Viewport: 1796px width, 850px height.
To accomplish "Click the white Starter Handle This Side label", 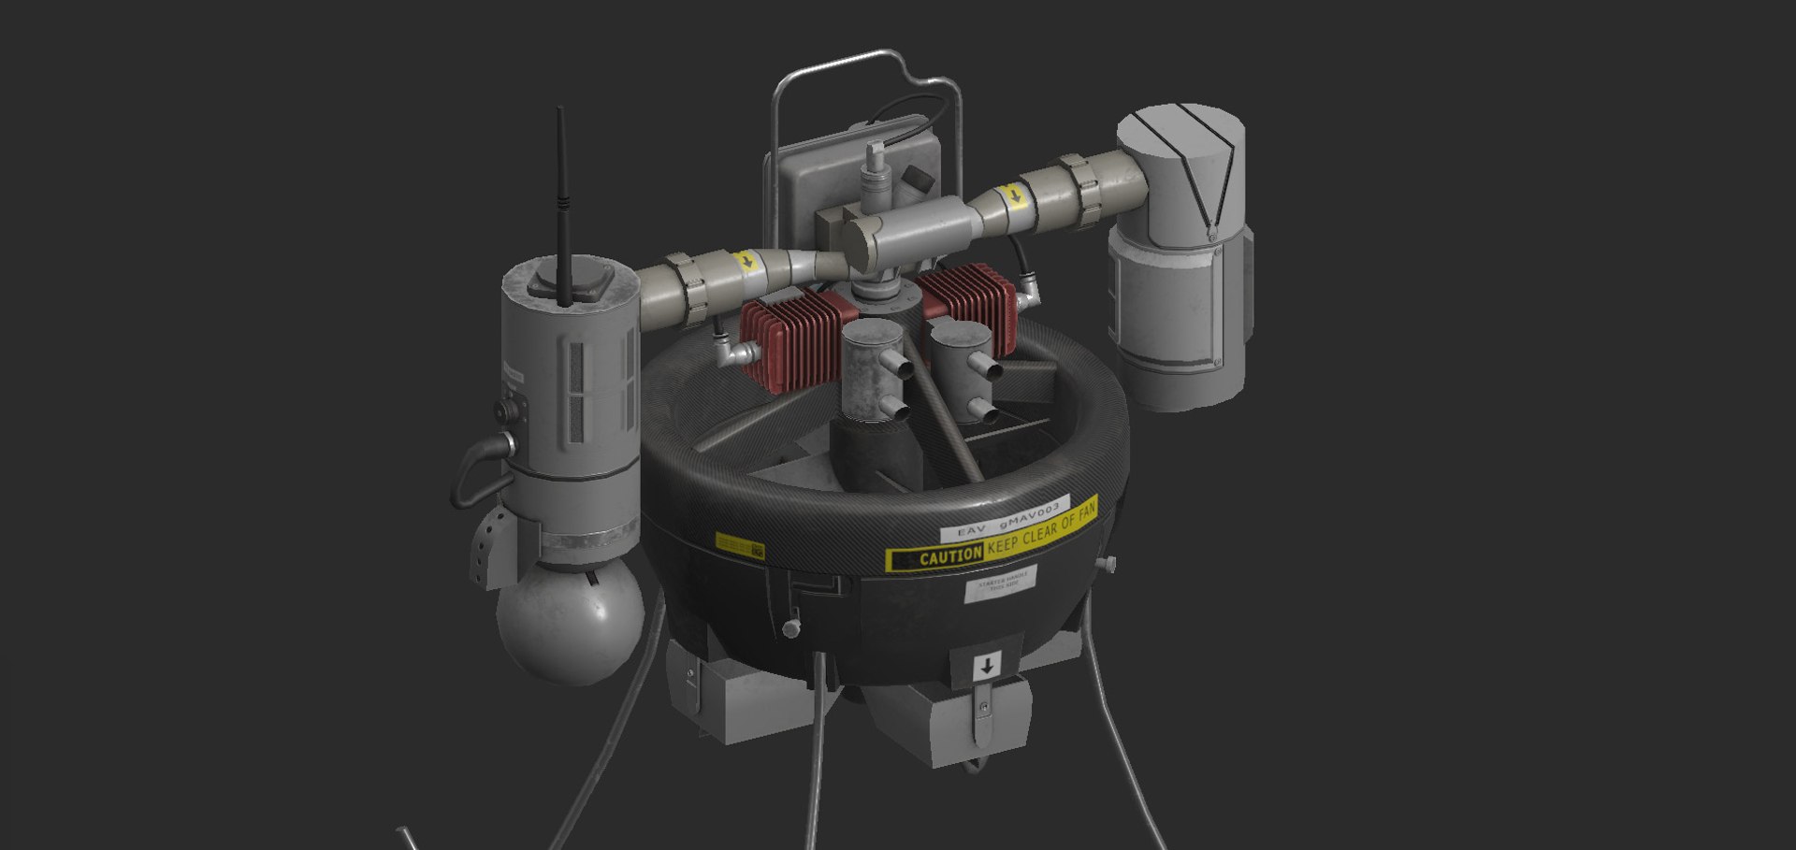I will (x=1001, y=583).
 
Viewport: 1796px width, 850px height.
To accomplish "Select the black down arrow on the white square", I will (x=986, y=667).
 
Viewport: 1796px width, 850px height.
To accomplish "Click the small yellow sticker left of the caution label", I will (x=739, y=544).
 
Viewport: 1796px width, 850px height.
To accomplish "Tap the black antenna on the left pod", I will (x=563, y=206).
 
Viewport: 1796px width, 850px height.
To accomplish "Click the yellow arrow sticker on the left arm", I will (x=746, y=261).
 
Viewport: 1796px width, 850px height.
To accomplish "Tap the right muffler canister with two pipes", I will (x=961, y=360).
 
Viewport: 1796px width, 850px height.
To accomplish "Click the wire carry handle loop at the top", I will (x=865, y=70).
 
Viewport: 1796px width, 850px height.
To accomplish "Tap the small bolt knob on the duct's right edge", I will (x=1109, y=564).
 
